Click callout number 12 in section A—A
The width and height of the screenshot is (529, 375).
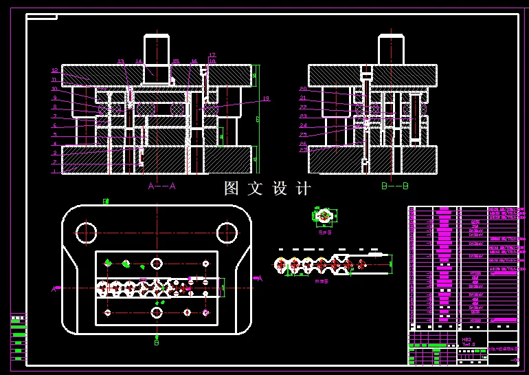pos(54,70)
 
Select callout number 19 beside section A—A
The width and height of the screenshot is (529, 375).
pos(266,99)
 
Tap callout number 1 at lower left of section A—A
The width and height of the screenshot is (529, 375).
pos(54,171)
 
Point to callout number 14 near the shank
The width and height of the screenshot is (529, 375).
pos(139,62)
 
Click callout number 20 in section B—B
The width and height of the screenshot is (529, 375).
pos(302,89)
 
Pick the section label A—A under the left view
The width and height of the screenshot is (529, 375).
pos(162,186)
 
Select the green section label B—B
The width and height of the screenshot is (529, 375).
pos(394,186)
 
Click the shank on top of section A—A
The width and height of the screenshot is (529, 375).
pos(156,50)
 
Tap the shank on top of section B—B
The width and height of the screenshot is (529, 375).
pos(390,50)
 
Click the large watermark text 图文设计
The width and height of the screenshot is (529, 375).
pos(268,188)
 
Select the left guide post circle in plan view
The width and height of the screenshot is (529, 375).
pos(87,233)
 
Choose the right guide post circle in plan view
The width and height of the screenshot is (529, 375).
pos(227,233)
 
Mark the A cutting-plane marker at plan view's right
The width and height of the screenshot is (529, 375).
pos(259,279)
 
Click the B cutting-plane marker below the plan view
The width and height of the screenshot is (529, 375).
pos(157,341)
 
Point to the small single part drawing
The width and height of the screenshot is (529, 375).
pos(324,217)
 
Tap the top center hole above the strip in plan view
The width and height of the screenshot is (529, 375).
pos(157,264)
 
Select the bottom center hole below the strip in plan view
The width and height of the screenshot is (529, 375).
pos(157,312)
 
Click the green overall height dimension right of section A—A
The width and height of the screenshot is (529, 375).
pos(258,119)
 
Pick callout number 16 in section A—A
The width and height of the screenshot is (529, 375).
pos(194,62)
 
